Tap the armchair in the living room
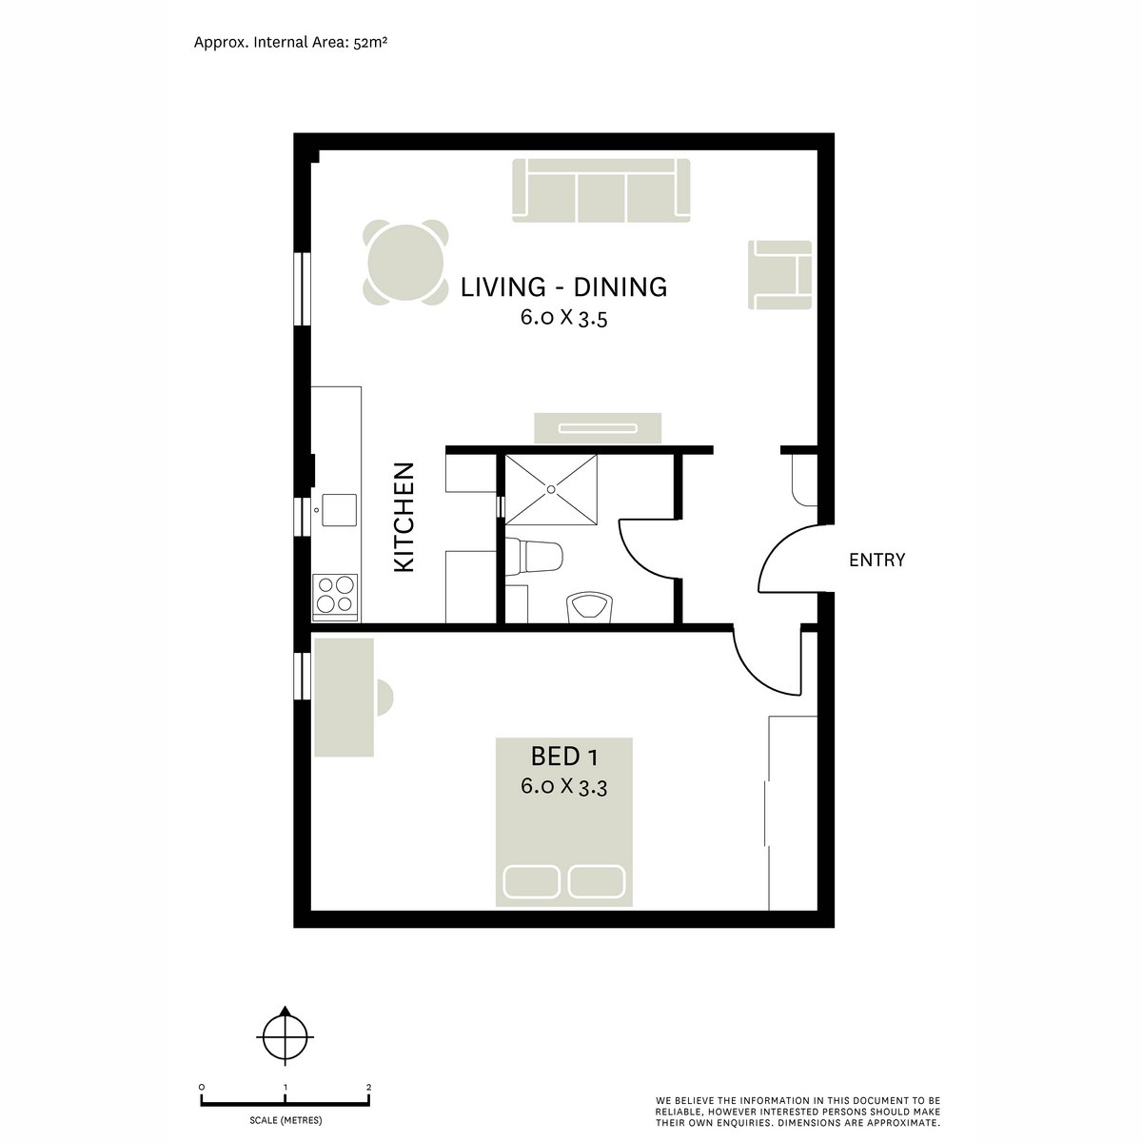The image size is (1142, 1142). point(781,275)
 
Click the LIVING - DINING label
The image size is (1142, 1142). point(563,286)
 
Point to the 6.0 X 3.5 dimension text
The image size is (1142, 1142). point(563,318)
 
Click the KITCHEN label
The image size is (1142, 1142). point(404,517)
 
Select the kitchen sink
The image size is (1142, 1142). point(338,509)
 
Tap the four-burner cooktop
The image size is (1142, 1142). point(335,596)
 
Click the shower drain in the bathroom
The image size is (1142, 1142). point(550,489)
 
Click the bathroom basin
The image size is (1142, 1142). point(590,607)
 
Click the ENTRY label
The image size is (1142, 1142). point(876,561)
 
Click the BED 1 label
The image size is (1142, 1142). point(563,757)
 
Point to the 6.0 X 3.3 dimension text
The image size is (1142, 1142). point(563,787)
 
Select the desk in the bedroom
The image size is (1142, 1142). point(344,699)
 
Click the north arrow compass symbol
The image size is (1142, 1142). point(285,1036)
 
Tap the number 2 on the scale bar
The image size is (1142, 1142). point(368,1086)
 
